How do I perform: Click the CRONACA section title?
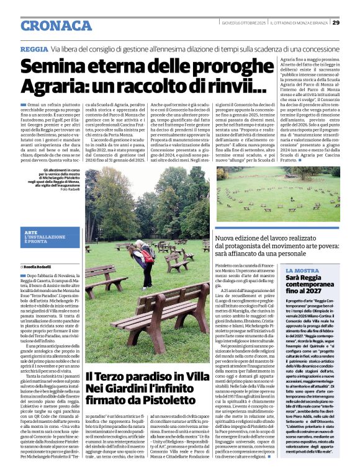56,25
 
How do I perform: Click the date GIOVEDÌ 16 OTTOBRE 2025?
245,23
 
